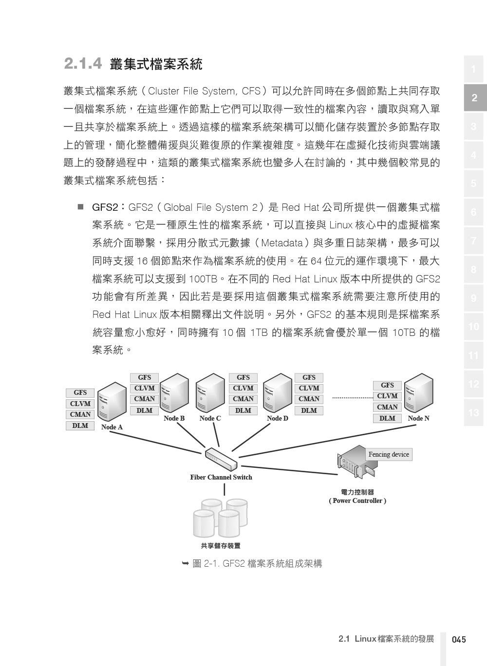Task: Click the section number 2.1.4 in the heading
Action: point(83,63)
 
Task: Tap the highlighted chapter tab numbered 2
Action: point(475,97)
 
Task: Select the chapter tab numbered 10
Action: point(474,327)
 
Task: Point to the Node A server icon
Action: point(112,401)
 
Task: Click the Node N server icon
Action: point(418,393)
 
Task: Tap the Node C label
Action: point(210,418)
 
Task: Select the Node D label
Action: point(278,418)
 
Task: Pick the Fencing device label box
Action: point(389,454)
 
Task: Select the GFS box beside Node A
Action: point(80,393)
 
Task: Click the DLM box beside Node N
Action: point(387,418)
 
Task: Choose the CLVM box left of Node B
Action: point(144,388)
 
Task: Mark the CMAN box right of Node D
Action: point(309,399)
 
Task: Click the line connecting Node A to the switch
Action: point(155,443)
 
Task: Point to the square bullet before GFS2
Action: point(80,206)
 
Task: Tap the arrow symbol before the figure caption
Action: point(185,563)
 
